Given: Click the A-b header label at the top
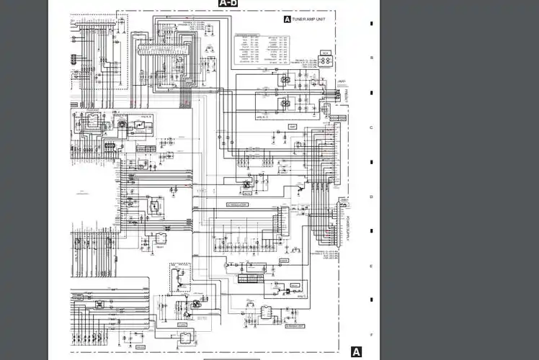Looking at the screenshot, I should [228, 4].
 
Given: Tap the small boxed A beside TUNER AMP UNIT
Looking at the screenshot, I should [288, 20].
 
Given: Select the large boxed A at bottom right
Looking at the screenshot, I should [355, 351].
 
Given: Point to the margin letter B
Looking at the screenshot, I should [371, 58].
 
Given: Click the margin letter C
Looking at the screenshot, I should [371, 127].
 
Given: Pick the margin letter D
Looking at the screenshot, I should [371, 197].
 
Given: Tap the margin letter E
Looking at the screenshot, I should [371, 266].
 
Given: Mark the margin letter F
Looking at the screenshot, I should [371, 335].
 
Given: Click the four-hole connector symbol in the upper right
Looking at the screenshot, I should [326, 62].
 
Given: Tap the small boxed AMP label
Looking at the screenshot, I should [293, 127].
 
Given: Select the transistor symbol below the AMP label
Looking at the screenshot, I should [297, 189].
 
